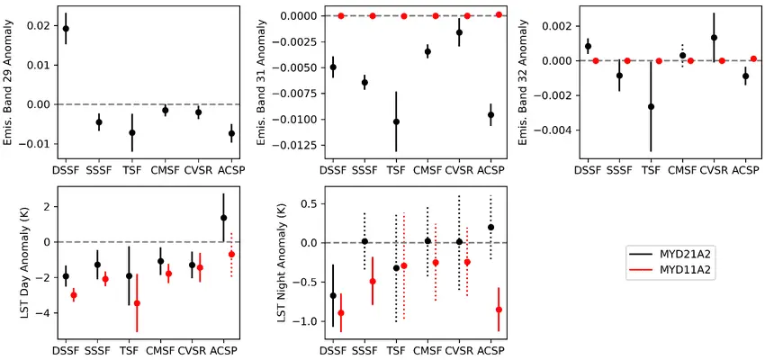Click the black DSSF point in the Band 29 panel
pyautogui.click(x=66, y=29)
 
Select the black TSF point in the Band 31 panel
pyautogui.click(x=396, y=121)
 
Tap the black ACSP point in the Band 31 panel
pyautogui.click(x=490, y=115)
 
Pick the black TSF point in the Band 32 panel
pyautogui.click(x=651, y=106)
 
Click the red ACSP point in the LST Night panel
pyautogui.click(x=499, y=310)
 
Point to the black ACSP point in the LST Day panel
pyautogui.click(x=223, y=218)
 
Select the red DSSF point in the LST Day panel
pyautogui.click(x=74, y=295)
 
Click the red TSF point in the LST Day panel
pyautogui.click(x=137, y=303)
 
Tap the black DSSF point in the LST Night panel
pyautogui.click(x=334, y=295)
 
